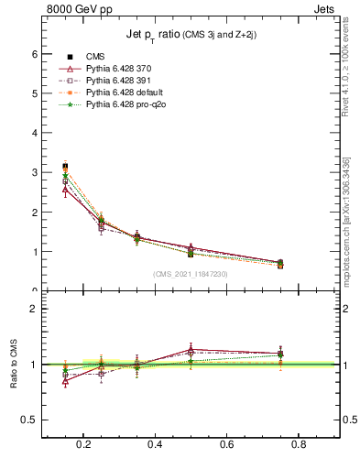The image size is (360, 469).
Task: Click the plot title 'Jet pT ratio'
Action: pyautogui.click(x=191, y=36)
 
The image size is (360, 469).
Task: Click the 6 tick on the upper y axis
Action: pyautogui.click(x=36, y=54)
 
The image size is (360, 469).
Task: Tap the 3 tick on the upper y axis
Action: pyautogui.click(x=36, y=172)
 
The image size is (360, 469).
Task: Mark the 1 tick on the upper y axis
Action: pyautogui.click(x=36, y=252)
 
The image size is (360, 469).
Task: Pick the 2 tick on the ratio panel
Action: pyautogui.click(x=36, y=309)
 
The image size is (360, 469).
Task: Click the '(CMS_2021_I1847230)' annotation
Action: pyautogui.click(x=191, y=274)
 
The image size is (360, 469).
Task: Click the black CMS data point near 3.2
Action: pyautogui.click(x=65, y=166)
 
